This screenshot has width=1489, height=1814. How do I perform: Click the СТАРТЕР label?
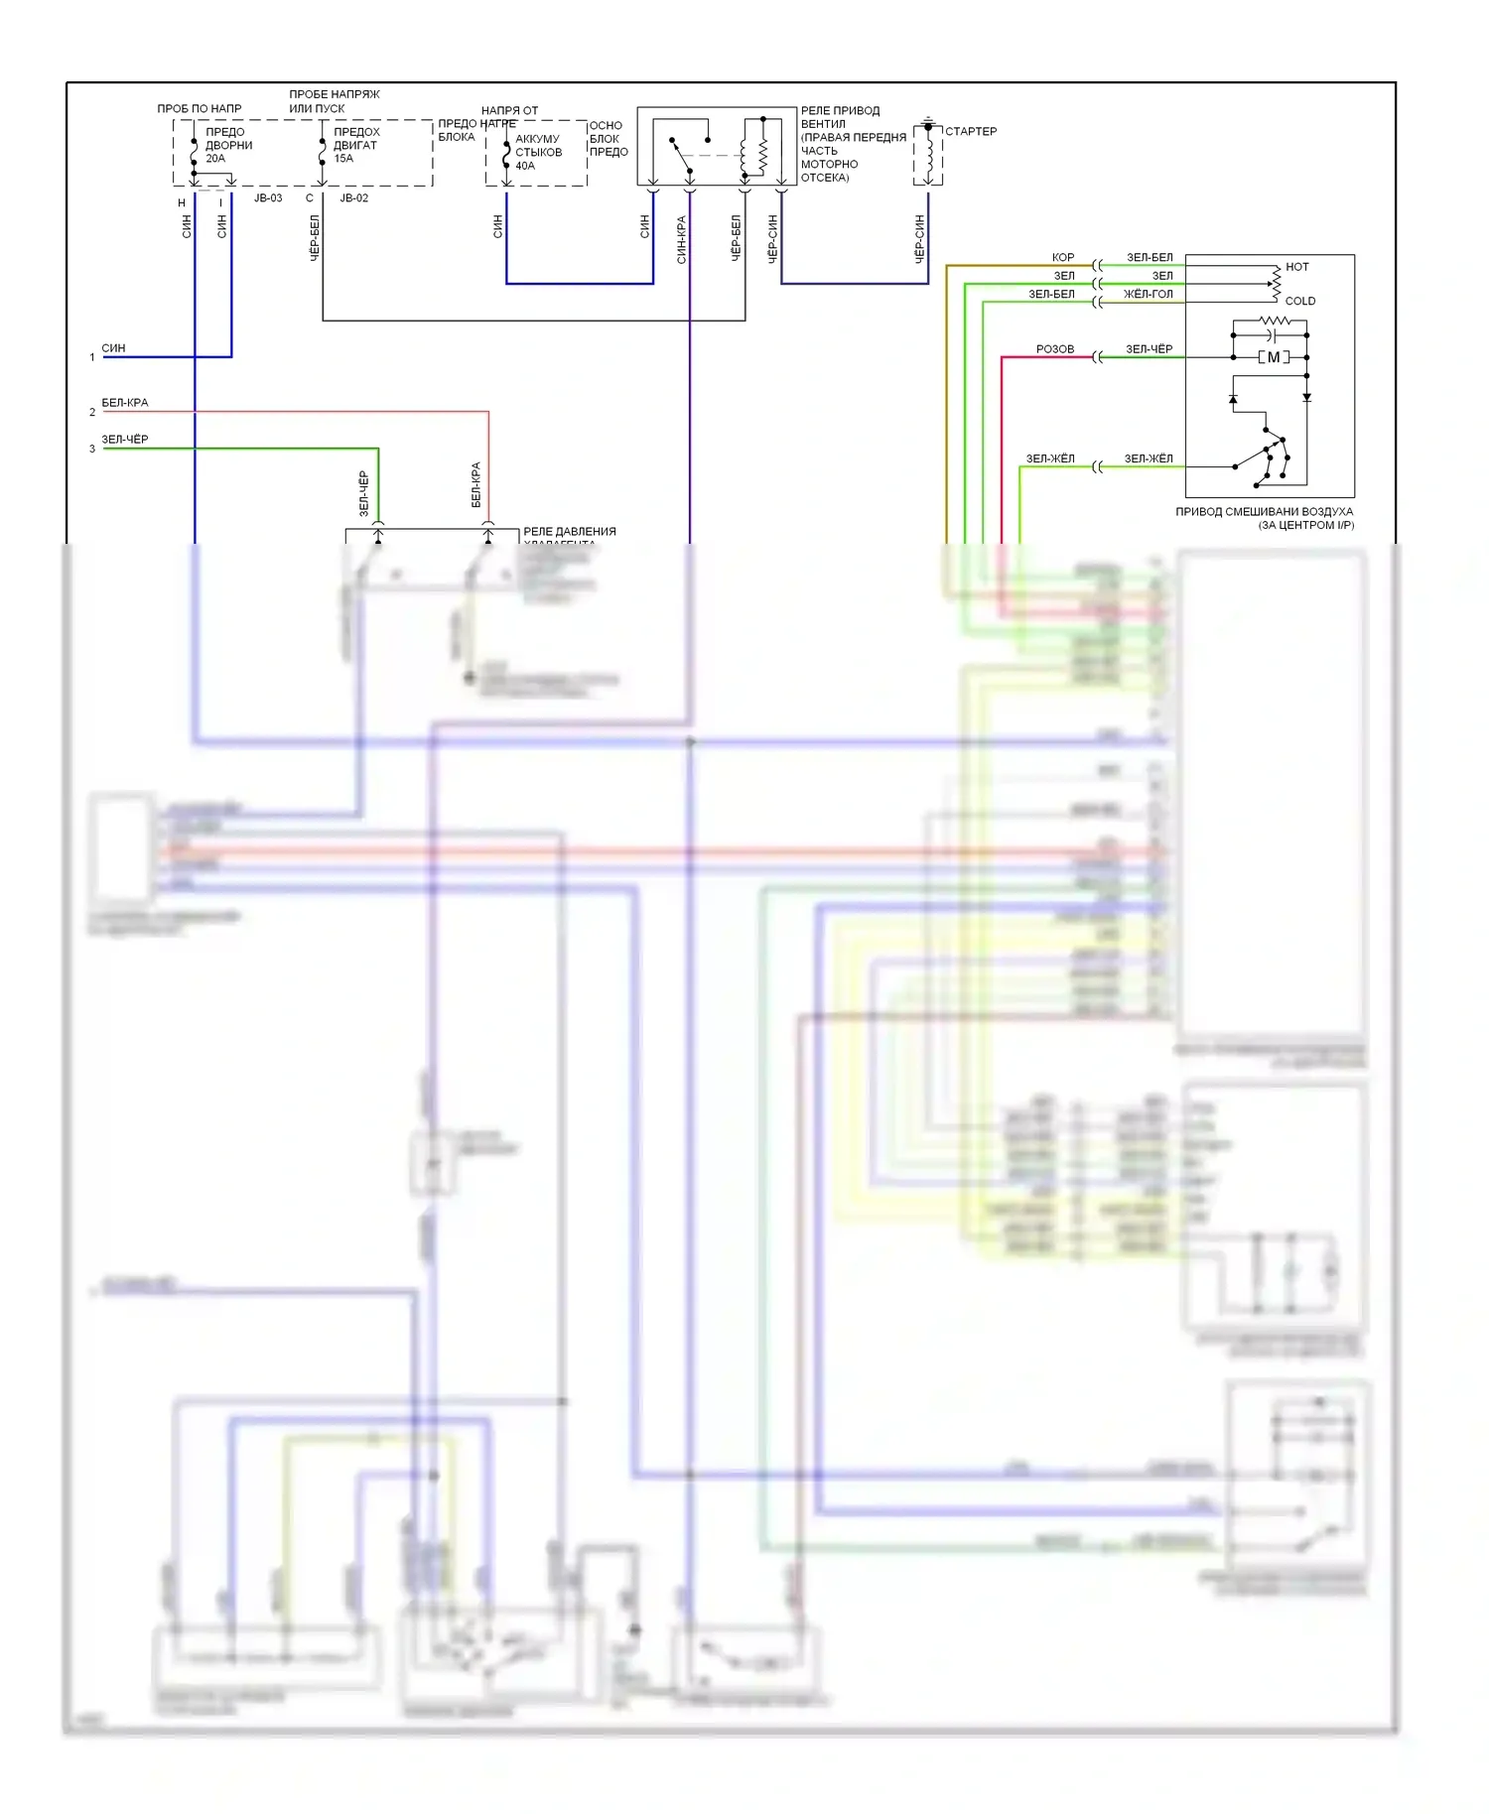(x=970, y=131)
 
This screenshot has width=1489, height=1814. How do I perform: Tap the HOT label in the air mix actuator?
(x=1296, y=267)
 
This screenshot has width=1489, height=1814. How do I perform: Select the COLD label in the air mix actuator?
(x=1299, y=301)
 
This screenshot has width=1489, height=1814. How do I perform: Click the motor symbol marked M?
(x=1274, y=357)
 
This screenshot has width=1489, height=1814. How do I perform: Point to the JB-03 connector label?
(x=268, y=198)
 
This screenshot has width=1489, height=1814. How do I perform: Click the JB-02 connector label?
(x=354, y=198)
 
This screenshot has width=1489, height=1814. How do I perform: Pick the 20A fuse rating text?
(x=215, y=159)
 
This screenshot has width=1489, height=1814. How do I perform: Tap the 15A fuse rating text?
(x=343, y=159)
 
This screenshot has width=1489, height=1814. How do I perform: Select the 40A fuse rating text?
(x=525, y=166)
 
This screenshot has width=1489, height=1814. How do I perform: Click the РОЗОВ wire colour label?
(x=1054, y=349)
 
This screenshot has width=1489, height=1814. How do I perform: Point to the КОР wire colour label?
(x=1062, y=257)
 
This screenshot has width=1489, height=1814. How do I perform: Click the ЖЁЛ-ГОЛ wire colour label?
(x=1148, y=294)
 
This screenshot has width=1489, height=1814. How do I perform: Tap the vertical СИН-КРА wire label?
(x=682, y=239)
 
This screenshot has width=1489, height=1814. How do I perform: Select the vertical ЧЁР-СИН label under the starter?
(x=920, y=238)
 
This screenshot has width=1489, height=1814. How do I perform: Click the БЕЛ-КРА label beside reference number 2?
(x=125, y=403)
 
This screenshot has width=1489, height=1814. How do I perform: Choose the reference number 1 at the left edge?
(x=92, y=357)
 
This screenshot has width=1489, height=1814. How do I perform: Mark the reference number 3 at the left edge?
(x=92, y=450)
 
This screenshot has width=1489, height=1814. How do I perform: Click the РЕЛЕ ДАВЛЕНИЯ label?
(x=569, y=532)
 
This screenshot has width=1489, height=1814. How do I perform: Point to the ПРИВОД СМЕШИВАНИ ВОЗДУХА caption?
(x=1264, y=512)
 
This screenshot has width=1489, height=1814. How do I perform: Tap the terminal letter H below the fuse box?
(x=182, y=203)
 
